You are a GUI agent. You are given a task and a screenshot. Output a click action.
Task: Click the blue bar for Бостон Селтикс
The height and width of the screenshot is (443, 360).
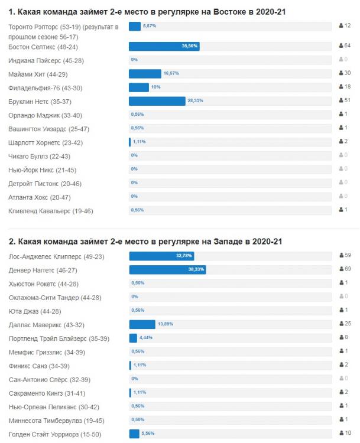pyautogui.click(x=164, y=46)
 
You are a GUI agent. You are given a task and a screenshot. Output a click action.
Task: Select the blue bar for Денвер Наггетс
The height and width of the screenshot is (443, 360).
pyautogui.click(x=167, y=269)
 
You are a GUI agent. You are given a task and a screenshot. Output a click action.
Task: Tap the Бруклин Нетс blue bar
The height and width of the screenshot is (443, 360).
pyautogui.click(x=157, y=101)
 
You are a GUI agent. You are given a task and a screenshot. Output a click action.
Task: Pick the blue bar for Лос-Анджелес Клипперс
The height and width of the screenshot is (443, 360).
pyautogui.click(x=161, y=256)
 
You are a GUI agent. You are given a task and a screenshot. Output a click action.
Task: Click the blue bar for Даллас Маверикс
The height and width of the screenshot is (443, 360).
pyautogui.click(x=142, y=324)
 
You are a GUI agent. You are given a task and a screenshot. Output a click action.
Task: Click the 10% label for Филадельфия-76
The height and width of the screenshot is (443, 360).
pyautogui.click(x=156, y=87)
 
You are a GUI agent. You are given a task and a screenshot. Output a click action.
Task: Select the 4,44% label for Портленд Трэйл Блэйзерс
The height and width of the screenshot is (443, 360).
pyautogui.click(x=146, y=338)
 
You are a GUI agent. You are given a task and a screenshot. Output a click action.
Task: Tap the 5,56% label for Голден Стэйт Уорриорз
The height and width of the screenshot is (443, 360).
pyautogui.click(x=148, y=434)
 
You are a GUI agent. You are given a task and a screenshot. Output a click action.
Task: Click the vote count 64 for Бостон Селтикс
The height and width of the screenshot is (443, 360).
pyautogui.click(x=348, y=46)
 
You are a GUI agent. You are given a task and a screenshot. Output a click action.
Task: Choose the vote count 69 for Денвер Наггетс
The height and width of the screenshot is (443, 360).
pyautogui.click(x=348, y=269)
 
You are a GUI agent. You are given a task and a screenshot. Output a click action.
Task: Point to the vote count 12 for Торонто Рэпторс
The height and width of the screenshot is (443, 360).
pyautogui.click(x=348, y=26)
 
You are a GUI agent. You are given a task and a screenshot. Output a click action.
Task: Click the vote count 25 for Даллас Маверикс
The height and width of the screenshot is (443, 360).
pyautogui.click(x=348, y=324)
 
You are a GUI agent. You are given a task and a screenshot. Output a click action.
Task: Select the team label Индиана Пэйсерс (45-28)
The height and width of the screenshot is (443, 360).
pyautogui.click(x=46, y=60)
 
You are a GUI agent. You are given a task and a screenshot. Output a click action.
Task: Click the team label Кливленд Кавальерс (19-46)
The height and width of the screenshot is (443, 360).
pyautogui.click(x=51, y=211)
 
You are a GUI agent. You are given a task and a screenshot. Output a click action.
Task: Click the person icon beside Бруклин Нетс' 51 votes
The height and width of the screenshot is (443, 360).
pyautogui.click(x=341, y=101)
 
